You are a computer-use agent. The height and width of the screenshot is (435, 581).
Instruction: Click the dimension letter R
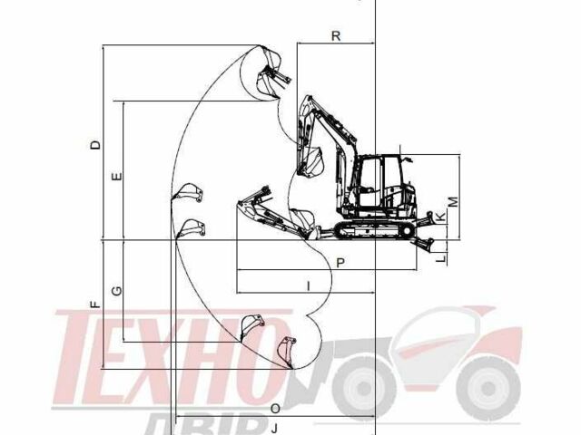click(336, 36)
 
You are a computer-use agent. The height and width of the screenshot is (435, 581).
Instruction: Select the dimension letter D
click(95, 144)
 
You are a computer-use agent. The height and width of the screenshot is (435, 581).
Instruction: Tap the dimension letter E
click(116, 177)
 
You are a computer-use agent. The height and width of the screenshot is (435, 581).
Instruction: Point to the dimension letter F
click(95, 304)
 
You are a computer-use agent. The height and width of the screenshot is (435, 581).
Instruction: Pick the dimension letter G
click(116, 291)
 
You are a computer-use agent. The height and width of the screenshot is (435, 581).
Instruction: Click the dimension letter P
click(340, 263)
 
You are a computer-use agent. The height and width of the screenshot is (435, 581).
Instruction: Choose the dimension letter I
click(309, 285)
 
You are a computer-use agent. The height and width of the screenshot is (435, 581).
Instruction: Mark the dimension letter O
click(275, 409)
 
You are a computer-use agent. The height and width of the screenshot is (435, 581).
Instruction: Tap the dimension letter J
click(274, 429)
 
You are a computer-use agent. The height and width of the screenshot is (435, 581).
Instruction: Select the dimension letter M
click(453, 202)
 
